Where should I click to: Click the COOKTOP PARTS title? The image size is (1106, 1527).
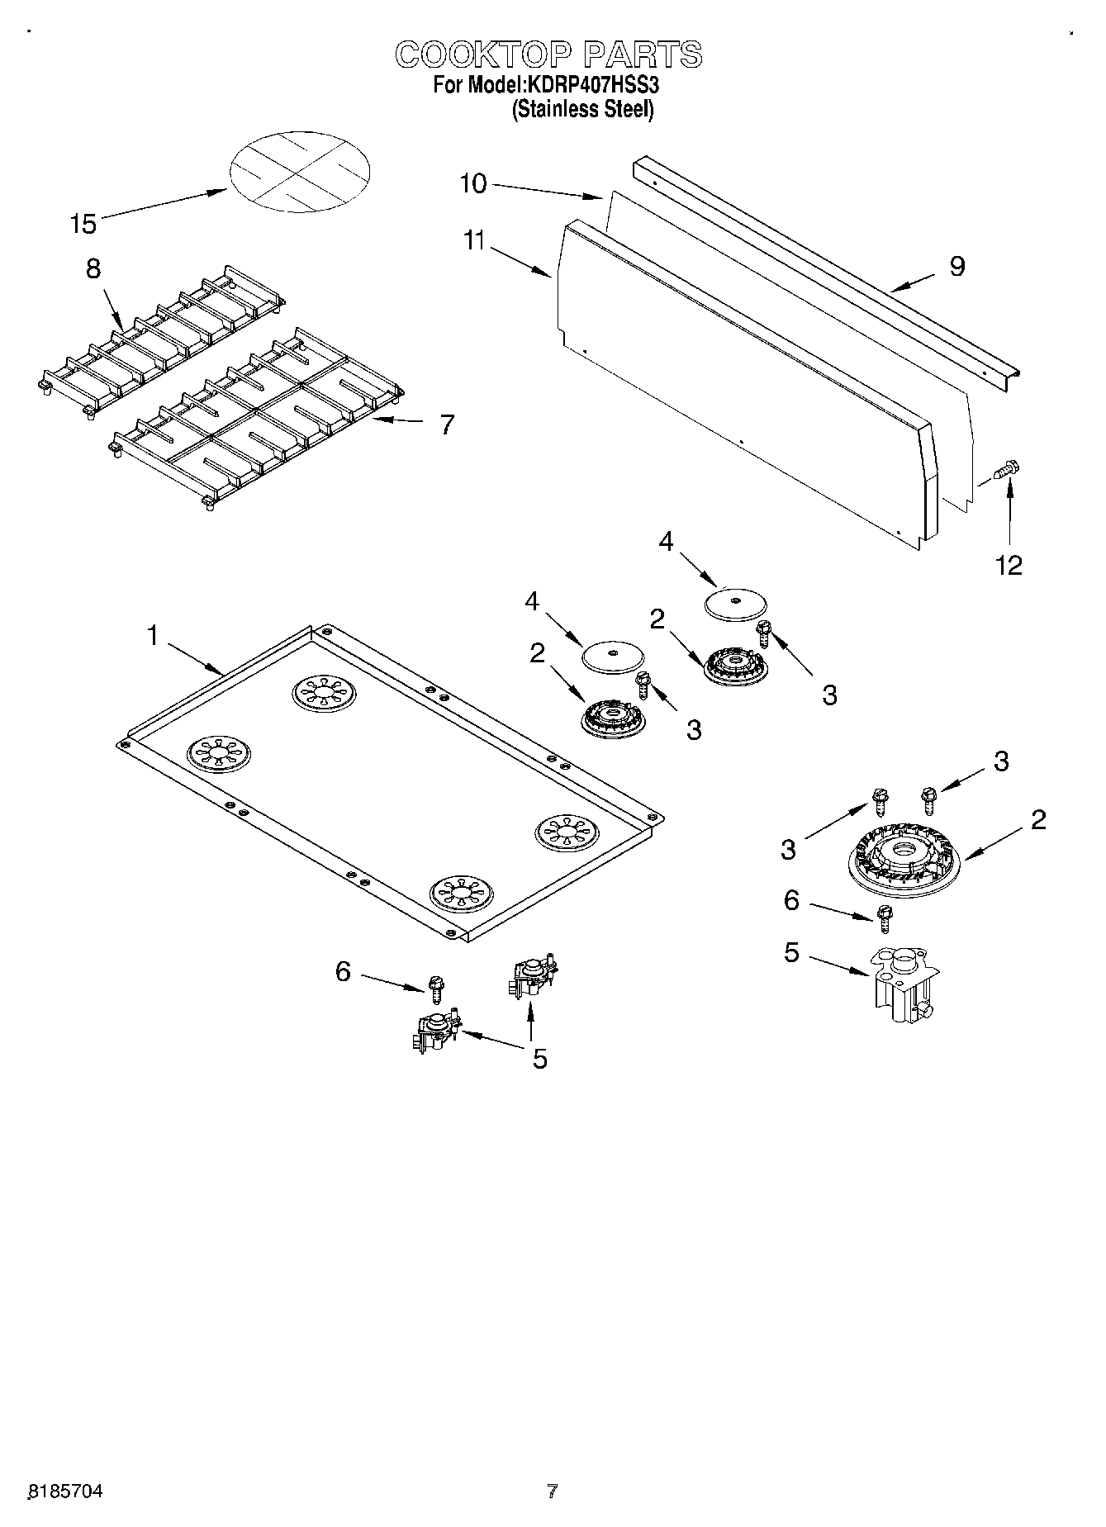point(549,55)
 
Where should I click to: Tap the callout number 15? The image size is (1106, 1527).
point(83,223)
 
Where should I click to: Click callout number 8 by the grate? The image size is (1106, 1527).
point(93,269)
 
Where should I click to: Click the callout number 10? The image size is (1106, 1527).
point(472,183)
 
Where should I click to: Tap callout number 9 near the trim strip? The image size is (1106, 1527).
point(956,266)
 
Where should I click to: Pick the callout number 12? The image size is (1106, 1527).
point(1009,565)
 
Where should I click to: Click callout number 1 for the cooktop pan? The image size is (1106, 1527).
point(152,635)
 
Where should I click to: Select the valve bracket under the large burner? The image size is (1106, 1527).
point(904,985)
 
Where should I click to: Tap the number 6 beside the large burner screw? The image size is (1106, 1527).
point(791,900)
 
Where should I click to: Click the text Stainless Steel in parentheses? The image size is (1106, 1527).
point(583,109)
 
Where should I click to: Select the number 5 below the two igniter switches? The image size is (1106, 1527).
point(539,1059)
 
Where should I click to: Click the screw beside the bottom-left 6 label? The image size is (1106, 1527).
point(436,984)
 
